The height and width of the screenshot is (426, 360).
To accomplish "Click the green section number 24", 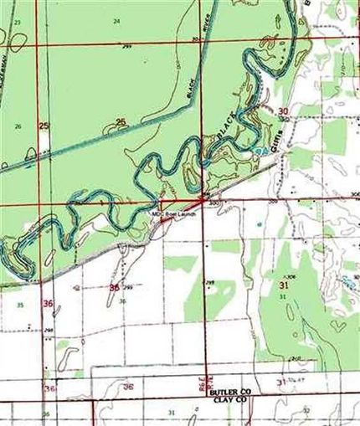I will pyautogui.click(x=116, y=20).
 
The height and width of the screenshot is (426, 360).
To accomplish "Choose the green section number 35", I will pyautogui.click(x=19, y=305).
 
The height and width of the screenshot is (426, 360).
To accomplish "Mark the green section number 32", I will pyautogui.click(x=306, y=411).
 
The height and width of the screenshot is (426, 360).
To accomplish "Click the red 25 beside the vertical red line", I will pyautogui.click(x=44, y=126).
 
